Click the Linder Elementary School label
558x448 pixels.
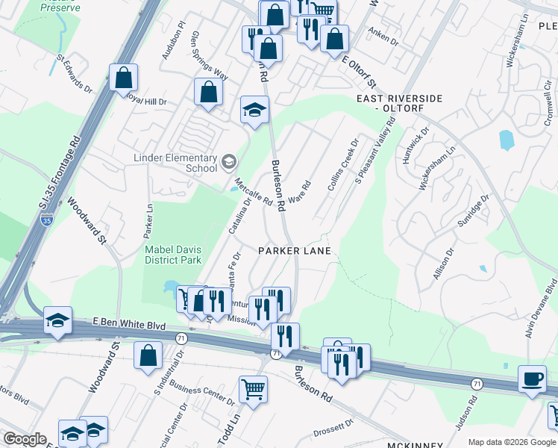175,164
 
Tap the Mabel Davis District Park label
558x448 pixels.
172,255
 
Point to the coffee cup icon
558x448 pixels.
533,379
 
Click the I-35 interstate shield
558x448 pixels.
47,220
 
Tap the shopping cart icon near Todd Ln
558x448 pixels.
253,389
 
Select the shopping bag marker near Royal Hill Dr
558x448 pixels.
124,77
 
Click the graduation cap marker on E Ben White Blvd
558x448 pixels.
58,320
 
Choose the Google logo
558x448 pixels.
25,439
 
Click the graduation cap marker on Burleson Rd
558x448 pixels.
254,110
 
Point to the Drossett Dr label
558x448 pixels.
333,423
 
